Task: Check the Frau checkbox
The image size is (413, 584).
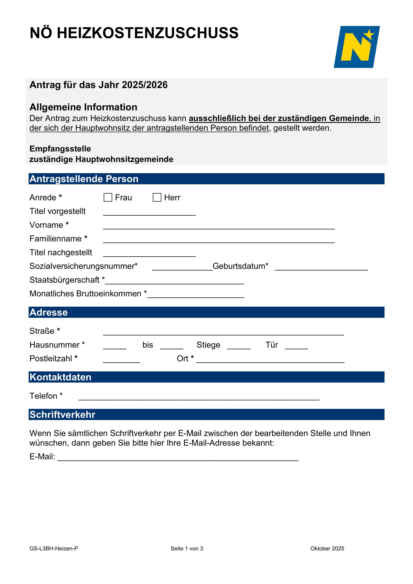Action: [108, 197]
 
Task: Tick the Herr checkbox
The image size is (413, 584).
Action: [157, 197]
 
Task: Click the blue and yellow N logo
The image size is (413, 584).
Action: [357, 47]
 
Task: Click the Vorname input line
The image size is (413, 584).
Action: [219, 226]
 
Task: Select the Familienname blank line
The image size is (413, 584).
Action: [219, 240]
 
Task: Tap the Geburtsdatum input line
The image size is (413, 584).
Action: [321, 268]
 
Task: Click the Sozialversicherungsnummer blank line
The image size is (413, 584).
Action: [182, 268]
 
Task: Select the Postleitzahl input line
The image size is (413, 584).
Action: [122, 360]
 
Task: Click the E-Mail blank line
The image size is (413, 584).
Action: [178, 458]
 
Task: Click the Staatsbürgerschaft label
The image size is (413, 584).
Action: [64, 280]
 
